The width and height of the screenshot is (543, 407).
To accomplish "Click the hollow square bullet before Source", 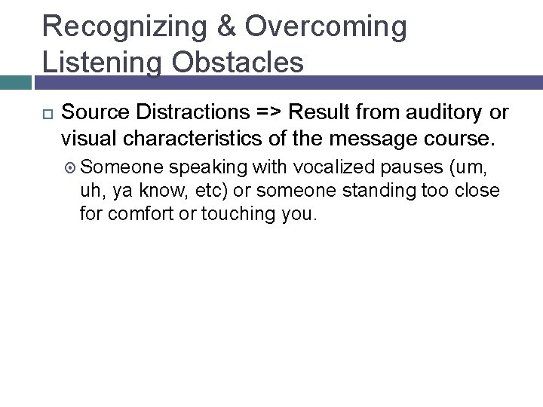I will tap(47, 113).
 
